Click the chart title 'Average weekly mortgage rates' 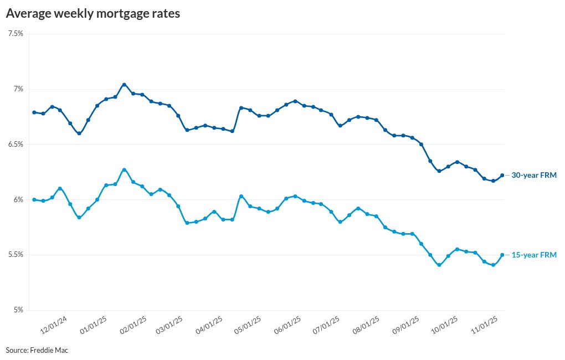tap(93, 14)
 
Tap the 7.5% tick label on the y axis tap(16, 34)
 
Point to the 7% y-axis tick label tap(18, 89)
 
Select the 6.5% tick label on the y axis tap(16, 144)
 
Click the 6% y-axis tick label tap(18, 199)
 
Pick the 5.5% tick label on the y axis tap(16, 255)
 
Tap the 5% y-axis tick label tap(18, 310)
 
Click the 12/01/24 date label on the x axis tap(54, 326)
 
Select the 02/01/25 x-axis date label tap(133, 326)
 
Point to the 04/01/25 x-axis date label tap(209, 326)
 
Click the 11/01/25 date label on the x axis tap(487, 326)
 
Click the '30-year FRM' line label tap(533, 175)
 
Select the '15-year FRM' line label tap(533, 255)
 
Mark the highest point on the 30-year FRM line tap(124, 85)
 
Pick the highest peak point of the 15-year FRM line tap(124, 169)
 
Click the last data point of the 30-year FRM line tap(502, 175)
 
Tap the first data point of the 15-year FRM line tap(34, 199)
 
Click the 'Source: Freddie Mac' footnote tap(37, 350)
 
